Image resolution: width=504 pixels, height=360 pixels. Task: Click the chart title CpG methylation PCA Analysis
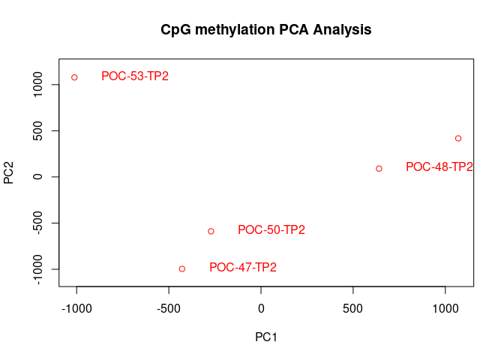pyautogui.click(x=266, y=30)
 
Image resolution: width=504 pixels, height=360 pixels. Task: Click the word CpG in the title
pyautogui.click(x=175, y=30)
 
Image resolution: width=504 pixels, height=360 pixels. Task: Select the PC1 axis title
pyautogui.click(x=266, y=337)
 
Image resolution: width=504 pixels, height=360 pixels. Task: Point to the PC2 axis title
pyautogui.click(x=10, y=172)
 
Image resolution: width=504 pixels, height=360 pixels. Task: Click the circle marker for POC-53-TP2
pyautogui.click(x=74, y=77)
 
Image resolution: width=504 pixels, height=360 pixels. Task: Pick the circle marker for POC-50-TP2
pyautogui.click(x=211, y=231)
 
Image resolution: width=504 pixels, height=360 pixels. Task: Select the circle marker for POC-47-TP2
pyautogui.click(x=182, y=268)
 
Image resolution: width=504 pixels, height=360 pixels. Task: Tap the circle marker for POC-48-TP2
pyautogui.click(x=379, y=169)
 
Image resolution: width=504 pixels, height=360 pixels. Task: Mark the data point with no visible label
pyautogui.click(x=458, y=138)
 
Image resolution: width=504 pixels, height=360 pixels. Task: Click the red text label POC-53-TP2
pyautogui.click(x=135, y=76)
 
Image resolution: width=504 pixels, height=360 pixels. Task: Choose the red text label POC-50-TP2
pyautogui.click(x=271, y=230)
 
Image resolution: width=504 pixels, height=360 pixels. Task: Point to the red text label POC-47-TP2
pyautogui.click(x=243, y=268)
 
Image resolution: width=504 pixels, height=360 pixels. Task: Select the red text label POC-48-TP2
pyautogui.click(x=439, y=167)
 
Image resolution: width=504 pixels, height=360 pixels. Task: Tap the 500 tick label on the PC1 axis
pyautogui.click(x=353, y=308)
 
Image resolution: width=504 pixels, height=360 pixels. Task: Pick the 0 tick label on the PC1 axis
pyautogui.click(x=261, y=308)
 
